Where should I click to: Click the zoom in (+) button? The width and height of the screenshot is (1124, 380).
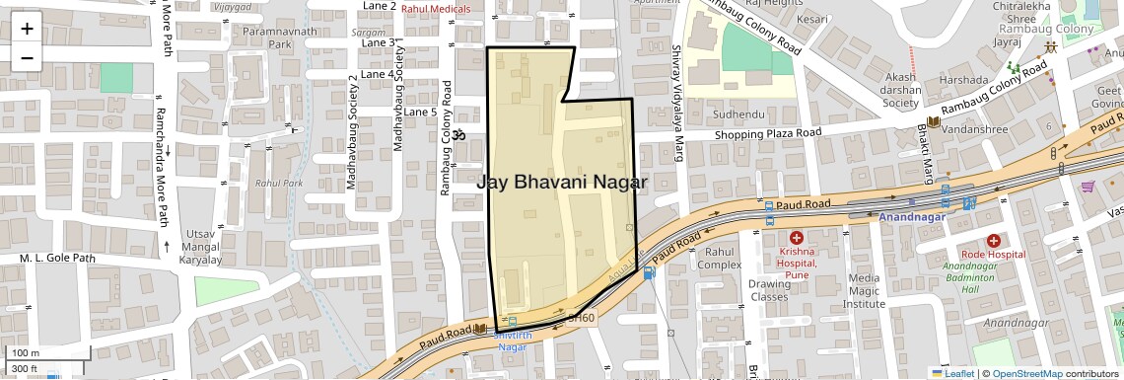tap(27, 29)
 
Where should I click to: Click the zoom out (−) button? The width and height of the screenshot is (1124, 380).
tap(27, 57)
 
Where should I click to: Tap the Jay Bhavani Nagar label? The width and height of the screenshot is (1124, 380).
tap(562, 183)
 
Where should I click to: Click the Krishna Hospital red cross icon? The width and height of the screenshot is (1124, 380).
tap(796, 238)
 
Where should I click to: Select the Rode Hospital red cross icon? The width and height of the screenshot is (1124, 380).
tap(993, 240)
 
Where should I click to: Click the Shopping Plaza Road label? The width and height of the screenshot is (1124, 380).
tap(768, 133)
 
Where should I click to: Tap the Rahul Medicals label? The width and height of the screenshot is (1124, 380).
tap(435, 9)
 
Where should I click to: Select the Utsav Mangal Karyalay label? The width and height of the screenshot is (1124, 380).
tap(200, 247)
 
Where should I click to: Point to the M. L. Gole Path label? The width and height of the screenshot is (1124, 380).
tap(57, 259)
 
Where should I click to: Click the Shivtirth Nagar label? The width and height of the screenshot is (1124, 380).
tap(512, 340)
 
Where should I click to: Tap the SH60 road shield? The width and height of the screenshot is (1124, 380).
tap(582, 317)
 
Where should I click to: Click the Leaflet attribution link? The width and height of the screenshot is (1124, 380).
tap(952, 373)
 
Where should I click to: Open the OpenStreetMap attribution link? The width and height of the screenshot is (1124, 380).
tap(1026, 373)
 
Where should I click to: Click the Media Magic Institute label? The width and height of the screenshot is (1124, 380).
tap(865, 291)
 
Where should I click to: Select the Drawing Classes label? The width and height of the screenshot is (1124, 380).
tap(769, 290)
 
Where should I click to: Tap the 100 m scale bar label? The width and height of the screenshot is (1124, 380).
tap(25, 352)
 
